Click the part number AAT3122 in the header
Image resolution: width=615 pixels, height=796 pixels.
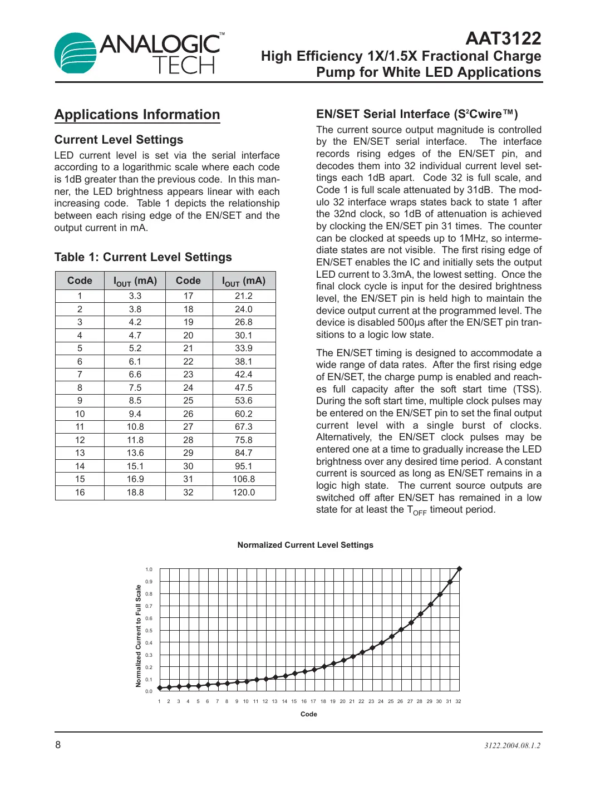click(503, 38)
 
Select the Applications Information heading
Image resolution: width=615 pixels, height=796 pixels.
click(137, 115)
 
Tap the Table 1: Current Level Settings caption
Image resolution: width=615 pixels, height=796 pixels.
click(143, 257)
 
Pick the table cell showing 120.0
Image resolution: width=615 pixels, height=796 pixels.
click(244, 493)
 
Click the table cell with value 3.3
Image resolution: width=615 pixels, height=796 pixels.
click(135, 296)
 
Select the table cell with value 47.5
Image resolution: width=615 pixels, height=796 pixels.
click(244, 388)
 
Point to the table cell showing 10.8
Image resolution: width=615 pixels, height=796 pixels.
click(135, 427)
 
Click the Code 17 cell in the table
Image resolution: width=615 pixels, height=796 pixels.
click(189, 296)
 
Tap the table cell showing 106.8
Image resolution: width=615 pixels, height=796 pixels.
click(244, 479)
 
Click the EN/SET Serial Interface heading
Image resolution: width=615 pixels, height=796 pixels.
click(417, 114)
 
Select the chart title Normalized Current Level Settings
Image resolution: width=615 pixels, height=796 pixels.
click(305, 545)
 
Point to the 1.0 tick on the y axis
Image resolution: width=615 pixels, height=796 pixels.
click(149, 569)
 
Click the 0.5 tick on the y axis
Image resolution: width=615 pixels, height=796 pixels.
click(149, 631)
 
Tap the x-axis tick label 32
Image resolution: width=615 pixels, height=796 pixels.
click(458, 701)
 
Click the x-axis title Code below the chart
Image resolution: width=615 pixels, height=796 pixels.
click(308, 714)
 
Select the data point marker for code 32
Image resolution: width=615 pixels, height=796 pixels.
click(459, 569)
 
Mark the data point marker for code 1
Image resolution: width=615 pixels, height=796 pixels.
click(160, 688)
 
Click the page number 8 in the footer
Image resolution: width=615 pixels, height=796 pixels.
click(58, 745)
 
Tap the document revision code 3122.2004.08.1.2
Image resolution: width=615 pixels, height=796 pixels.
click(512, 745)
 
